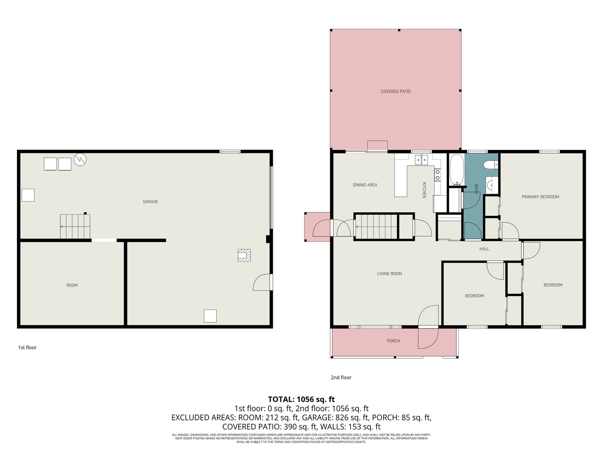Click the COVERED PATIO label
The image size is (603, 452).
click(395, 92)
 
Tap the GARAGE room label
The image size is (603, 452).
click(150, 202)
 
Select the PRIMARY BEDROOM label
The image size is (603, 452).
click(540, 197)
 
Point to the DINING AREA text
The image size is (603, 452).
click(365, 185)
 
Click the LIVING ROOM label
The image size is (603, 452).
click(389, 273)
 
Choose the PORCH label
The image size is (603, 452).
click(393, 341)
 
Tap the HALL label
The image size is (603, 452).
click(484, 249)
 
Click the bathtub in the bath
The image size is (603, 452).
click(456, 170)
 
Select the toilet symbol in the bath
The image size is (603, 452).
click(491, 165)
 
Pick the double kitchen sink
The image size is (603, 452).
click(421, 160)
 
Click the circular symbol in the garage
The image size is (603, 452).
click(80, 159)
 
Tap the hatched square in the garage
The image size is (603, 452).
click(244, 255)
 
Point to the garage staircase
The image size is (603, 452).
click(75, 226)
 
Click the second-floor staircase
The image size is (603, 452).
click(376, 227)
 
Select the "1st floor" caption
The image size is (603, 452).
click(27, 347)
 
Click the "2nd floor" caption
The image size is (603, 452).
click(341, 377)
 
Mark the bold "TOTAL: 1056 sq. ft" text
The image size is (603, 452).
click(301, 399)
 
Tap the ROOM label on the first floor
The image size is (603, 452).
click(72, 286)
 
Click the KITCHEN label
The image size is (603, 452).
click(424, 190)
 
